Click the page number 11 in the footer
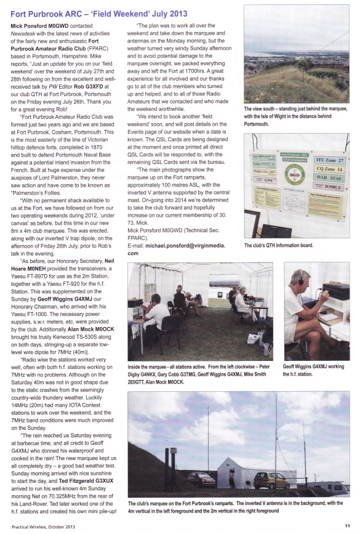pos(347,525)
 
